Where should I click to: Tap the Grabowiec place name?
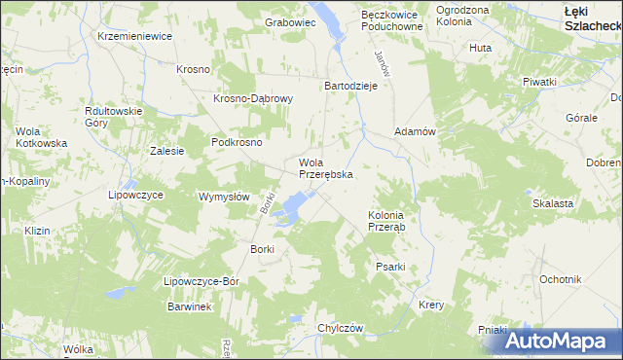[x=291, y=20]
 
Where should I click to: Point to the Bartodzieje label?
[x=349, y=85]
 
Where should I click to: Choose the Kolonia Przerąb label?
[x=392, y=220]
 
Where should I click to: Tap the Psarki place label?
[x=390, y=266]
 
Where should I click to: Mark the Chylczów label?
[x=340, y=328]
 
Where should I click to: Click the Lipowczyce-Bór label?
[x=202, y=281]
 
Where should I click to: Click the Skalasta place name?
[x=551, y=203]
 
